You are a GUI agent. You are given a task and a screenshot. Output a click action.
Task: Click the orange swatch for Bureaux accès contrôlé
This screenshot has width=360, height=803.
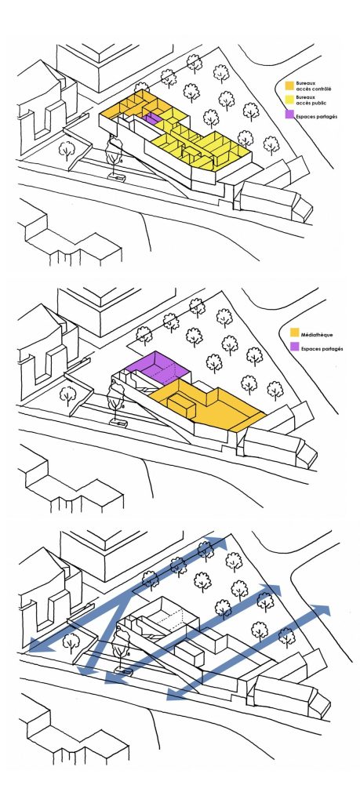tap(289, 84)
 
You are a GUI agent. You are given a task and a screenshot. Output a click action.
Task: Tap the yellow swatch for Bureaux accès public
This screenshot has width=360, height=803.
tap(289, 98)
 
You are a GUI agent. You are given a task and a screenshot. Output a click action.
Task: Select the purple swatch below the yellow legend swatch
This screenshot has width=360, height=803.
tap(289, 115)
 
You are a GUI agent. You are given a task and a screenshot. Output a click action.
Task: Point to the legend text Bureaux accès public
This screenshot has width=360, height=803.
tap(306, 99)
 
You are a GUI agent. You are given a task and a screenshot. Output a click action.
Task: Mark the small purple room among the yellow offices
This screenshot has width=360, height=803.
tap(151, 118)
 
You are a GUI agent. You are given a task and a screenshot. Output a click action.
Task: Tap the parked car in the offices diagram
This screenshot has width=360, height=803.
tap(118, 177)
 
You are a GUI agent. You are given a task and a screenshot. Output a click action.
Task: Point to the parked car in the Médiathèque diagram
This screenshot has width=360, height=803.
tap(118, 423)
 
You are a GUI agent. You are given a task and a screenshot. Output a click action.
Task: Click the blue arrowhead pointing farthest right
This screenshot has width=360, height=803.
tap(322, 609)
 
